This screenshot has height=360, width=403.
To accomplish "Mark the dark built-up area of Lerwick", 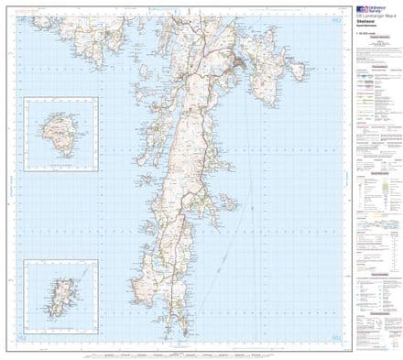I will (241, 63).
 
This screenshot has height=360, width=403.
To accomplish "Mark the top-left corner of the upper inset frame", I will (27, 99).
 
